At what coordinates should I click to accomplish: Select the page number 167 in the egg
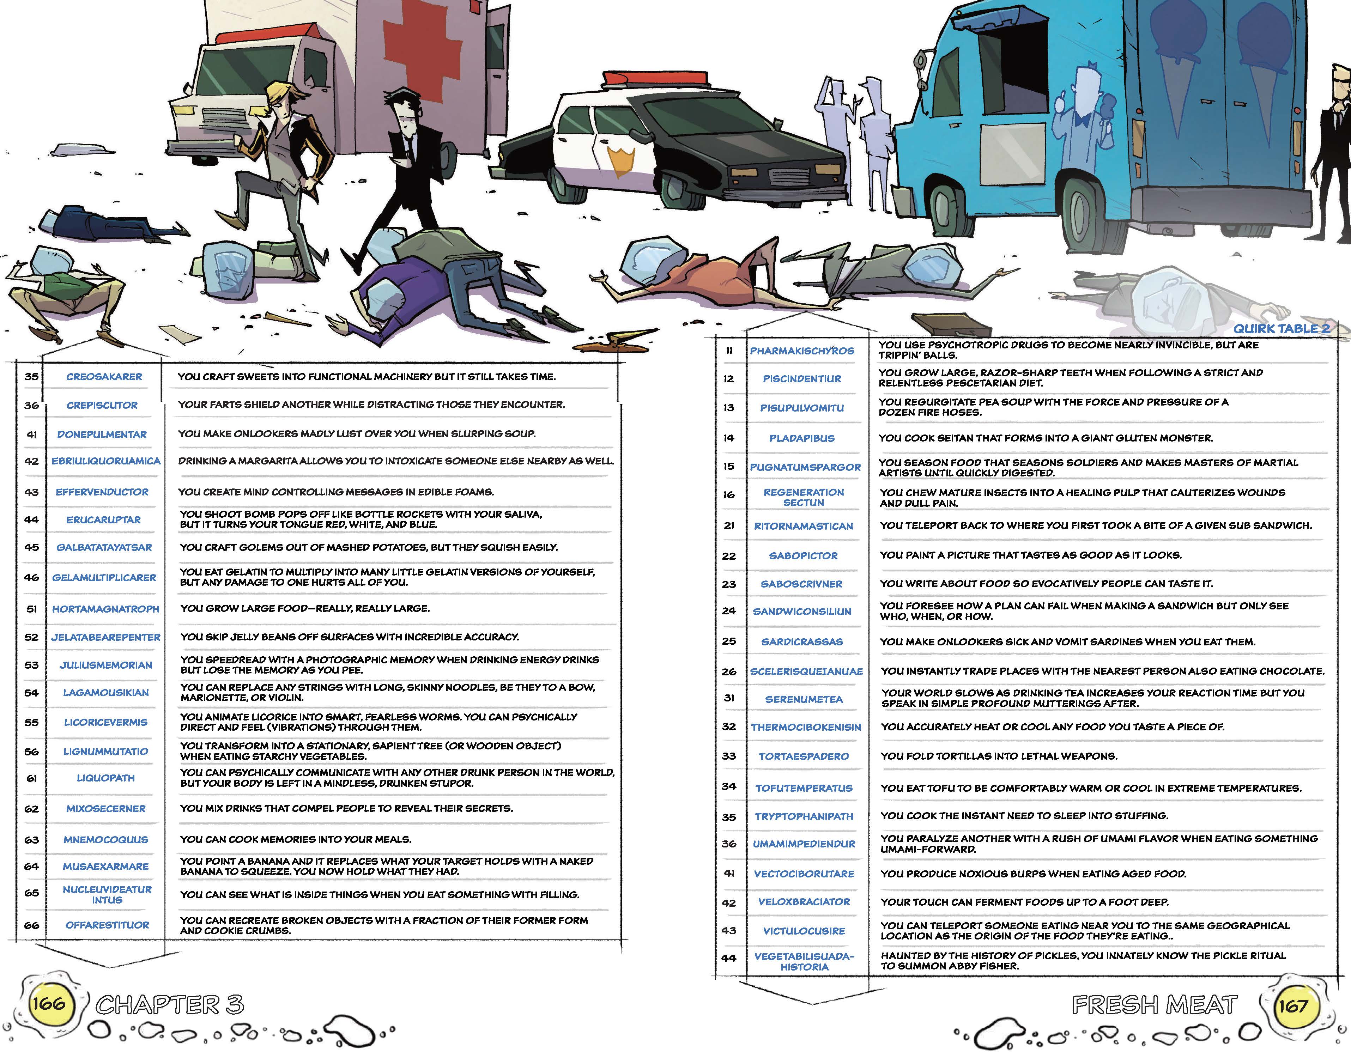[x=1293, y=1005]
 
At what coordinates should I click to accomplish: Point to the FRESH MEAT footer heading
[x=1155, y=1005]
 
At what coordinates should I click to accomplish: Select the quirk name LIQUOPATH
[x=105, y=778]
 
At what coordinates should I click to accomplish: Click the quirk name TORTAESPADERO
[x=804, y=756]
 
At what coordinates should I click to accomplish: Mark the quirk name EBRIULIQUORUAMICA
[x=106, y=462]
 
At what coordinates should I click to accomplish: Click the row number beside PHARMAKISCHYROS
[x=729, y=351]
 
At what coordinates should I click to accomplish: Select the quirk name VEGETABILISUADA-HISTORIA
[x=804, y=961]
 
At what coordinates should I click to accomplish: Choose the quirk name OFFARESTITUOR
[x=107, y=925]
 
